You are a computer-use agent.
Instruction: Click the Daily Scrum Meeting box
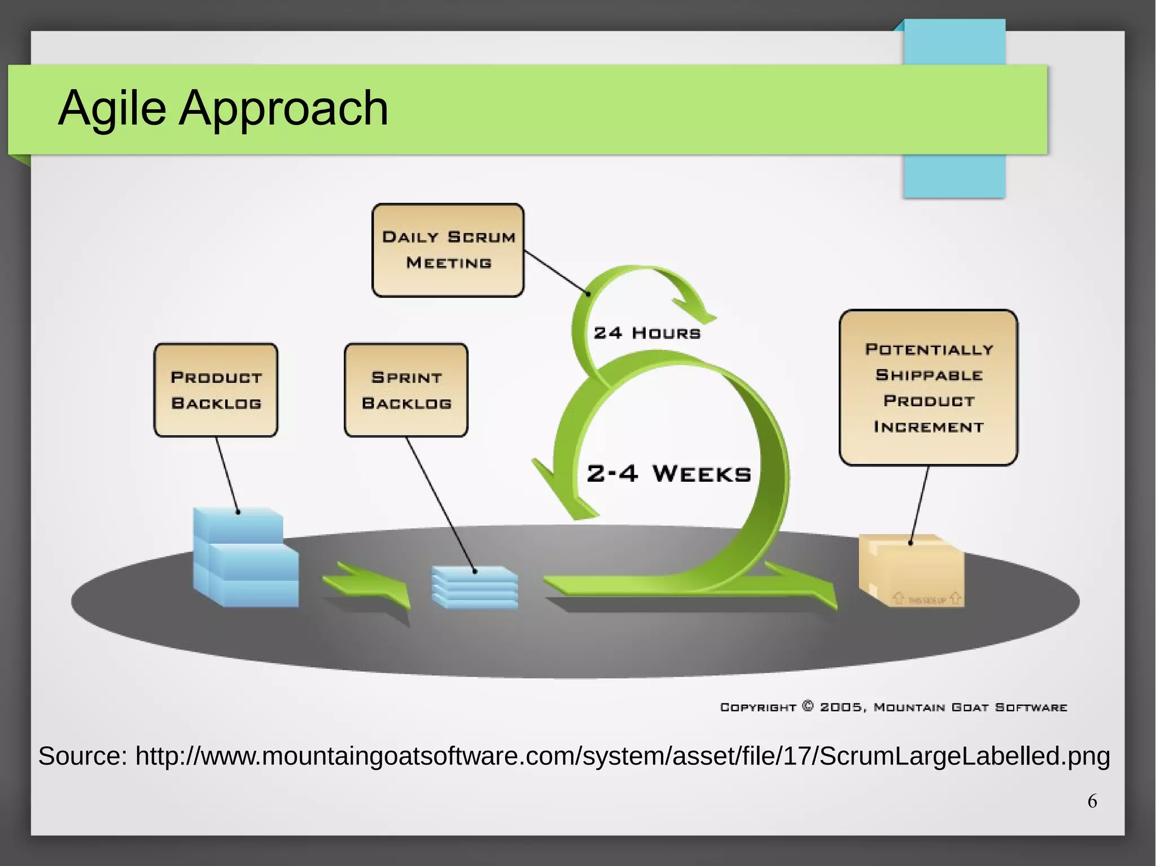[x=448, y=250]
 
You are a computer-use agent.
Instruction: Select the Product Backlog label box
[x=216, y=390]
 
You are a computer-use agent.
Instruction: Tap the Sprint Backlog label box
[x=406, y=390]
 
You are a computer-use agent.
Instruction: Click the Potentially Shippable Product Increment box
[x=928, y=388]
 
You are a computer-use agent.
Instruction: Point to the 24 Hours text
[x=647, y=333]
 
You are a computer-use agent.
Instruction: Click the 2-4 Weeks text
[x=669, y=473]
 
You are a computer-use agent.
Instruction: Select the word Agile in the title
[x=112, y=108]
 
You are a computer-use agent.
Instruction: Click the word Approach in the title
[x=283, y=108]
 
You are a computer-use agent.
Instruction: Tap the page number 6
[x=1092, y=801]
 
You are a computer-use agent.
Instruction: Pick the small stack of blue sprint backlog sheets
[x=475, y=588]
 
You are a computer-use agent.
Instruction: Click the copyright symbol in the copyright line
[x=808, y=706]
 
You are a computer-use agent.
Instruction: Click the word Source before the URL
[x=82, y=756]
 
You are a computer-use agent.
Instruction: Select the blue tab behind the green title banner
[x=954, y=175]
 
